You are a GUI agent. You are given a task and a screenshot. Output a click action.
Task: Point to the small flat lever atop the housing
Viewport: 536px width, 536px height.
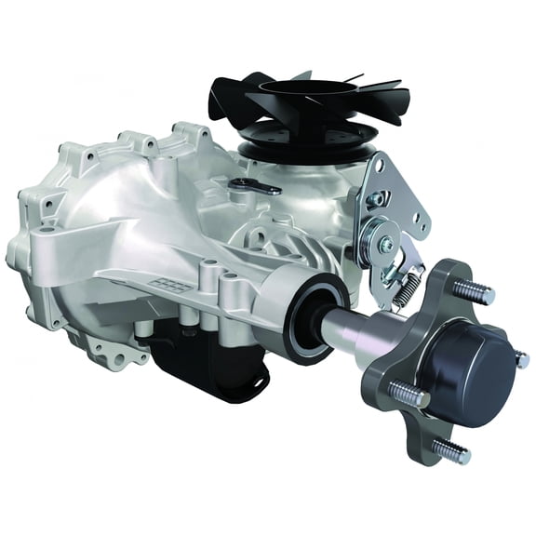pyautogui.click(x=255, y=186)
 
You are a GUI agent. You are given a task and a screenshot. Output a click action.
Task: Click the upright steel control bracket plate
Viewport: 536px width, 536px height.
pyautogui.click(x=395, y=200)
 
